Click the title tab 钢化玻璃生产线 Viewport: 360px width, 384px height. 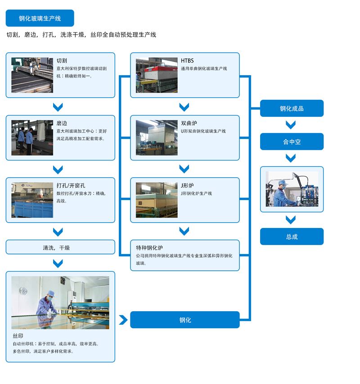(40, 18)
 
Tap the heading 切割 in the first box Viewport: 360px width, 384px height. (62, 61)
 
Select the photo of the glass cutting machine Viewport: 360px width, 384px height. (32, 75)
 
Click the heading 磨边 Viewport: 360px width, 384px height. (62, 123)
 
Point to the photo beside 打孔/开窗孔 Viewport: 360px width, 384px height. (32, 200)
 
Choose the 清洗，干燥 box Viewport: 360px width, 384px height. (60, 247)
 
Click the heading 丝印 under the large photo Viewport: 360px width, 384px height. (18, 336)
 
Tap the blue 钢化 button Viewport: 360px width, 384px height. (185, 320)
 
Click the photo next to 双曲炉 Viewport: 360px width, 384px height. (157, 138)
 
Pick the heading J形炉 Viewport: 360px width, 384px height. (188, 185)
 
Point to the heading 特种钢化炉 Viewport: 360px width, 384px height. (149, 248)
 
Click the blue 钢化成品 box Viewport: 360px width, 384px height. (292, 108)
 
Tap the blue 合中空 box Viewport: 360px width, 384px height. (292, 142)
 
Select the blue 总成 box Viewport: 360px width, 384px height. (292, 237)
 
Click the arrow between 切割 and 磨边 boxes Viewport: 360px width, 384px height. (58, 107)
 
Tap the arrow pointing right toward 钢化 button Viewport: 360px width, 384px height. (123, 320)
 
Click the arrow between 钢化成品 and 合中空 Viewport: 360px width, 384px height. (291, 125)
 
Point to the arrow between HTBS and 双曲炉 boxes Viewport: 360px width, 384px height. (184, 107)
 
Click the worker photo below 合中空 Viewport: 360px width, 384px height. (292, 189)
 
